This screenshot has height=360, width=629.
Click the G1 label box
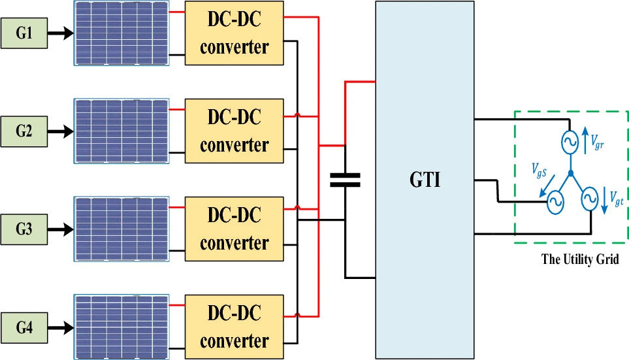tap(24, 33)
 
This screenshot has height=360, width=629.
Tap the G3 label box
tap(24, 229)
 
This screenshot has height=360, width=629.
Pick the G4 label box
tap(24, 327)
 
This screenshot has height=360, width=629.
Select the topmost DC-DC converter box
tap(234, 33)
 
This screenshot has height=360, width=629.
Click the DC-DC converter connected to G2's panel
tap(234, 131)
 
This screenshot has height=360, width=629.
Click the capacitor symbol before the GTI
tap(344, 180)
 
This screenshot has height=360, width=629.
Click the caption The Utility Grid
tap(580, 259)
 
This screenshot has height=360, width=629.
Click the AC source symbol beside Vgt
tap(589, 197)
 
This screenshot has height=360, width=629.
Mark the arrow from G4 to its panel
tap(61, 327)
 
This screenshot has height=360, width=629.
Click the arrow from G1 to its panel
tap(61, 33)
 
